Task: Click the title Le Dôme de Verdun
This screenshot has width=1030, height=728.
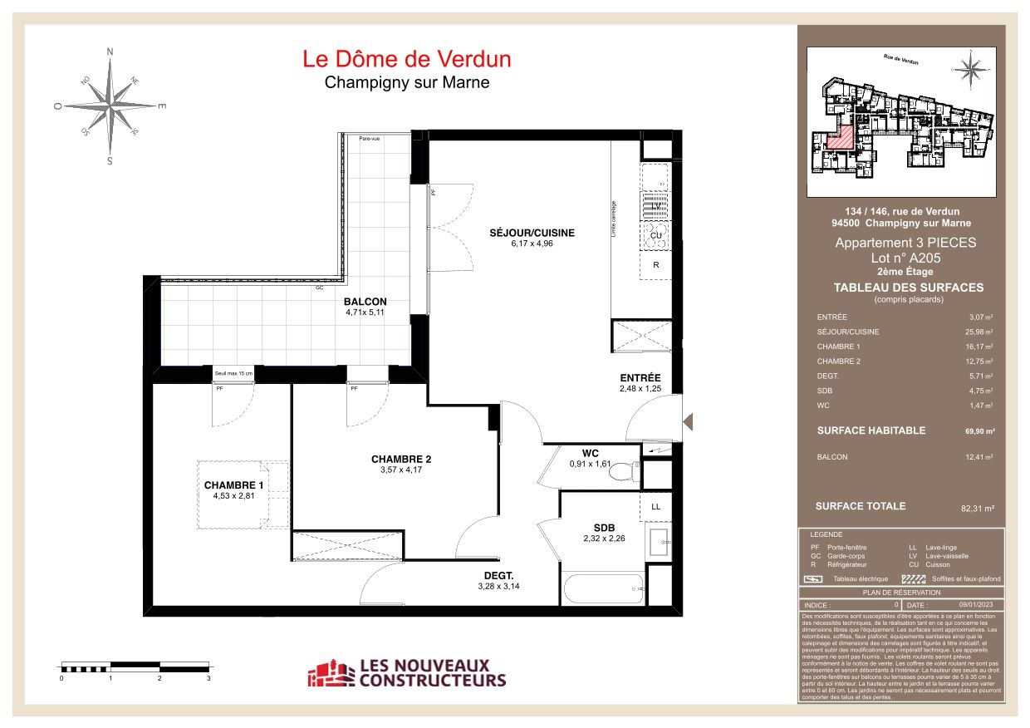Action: [x=406, y=59]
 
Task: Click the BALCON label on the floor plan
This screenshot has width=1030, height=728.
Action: [x=365, y=302]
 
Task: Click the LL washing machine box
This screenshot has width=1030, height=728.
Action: [x=655, y=506]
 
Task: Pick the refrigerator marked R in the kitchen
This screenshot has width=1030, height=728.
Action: [x=655, y=266]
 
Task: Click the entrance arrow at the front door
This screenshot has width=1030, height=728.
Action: [x=688, y=422]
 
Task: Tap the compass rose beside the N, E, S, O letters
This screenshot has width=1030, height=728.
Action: [x=110, y=106]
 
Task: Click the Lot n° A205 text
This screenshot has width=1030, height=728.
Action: [x=905, y=258]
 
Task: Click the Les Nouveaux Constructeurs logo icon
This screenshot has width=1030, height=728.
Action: [x=330, y=674]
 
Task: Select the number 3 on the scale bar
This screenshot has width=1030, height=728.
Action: [x=208, y=679]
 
